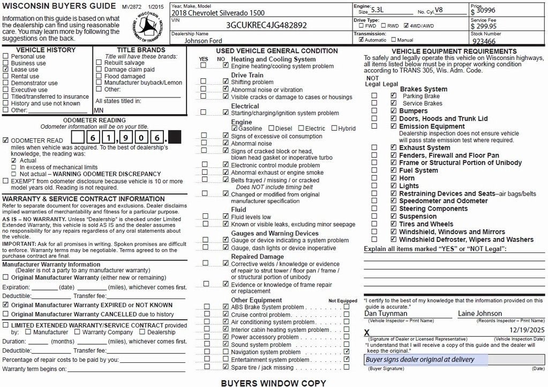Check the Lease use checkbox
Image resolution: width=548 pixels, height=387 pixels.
coord(6,70)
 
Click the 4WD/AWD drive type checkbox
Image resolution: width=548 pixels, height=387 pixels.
coord(406,25)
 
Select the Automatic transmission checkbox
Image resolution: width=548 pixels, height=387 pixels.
coord(361,40)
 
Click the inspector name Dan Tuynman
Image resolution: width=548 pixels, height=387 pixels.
coord(386,314)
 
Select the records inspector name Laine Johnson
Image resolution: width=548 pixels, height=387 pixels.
coord(479,314)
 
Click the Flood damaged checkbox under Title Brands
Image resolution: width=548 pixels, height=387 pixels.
coord(99,77)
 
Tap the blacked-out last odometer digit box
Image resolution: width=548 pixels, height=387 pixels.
coord(175,138)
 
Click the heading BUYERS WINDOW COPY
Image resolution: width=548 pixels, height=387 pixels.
coord(273,383)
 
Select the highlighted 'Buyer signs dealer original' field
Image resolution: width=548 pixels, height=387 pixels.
coord(426,360)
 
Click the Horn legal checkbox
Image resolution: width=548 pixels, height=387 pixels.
coord(394,178)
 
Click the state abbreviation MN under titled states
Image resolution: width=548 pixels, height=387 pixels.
coord(99,110)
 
